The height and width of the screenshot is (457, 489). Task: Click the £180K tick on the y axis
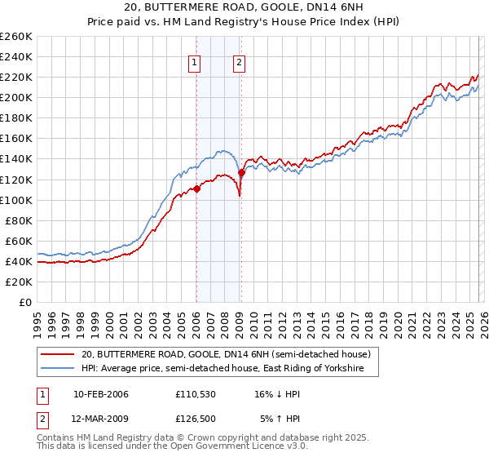click(x=16, y=118)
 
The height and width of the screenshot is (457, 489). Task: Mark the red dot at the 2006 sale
click(x=196, y=189)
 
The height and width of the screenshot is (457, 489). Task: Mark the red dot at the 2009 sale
click(x=241, y=172)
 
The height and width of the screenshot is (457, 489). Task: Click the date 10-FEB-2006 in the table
click(x=100, y=394)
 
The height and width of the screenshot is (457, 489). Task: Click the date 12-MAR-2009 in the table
click(x=101, y=419)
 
